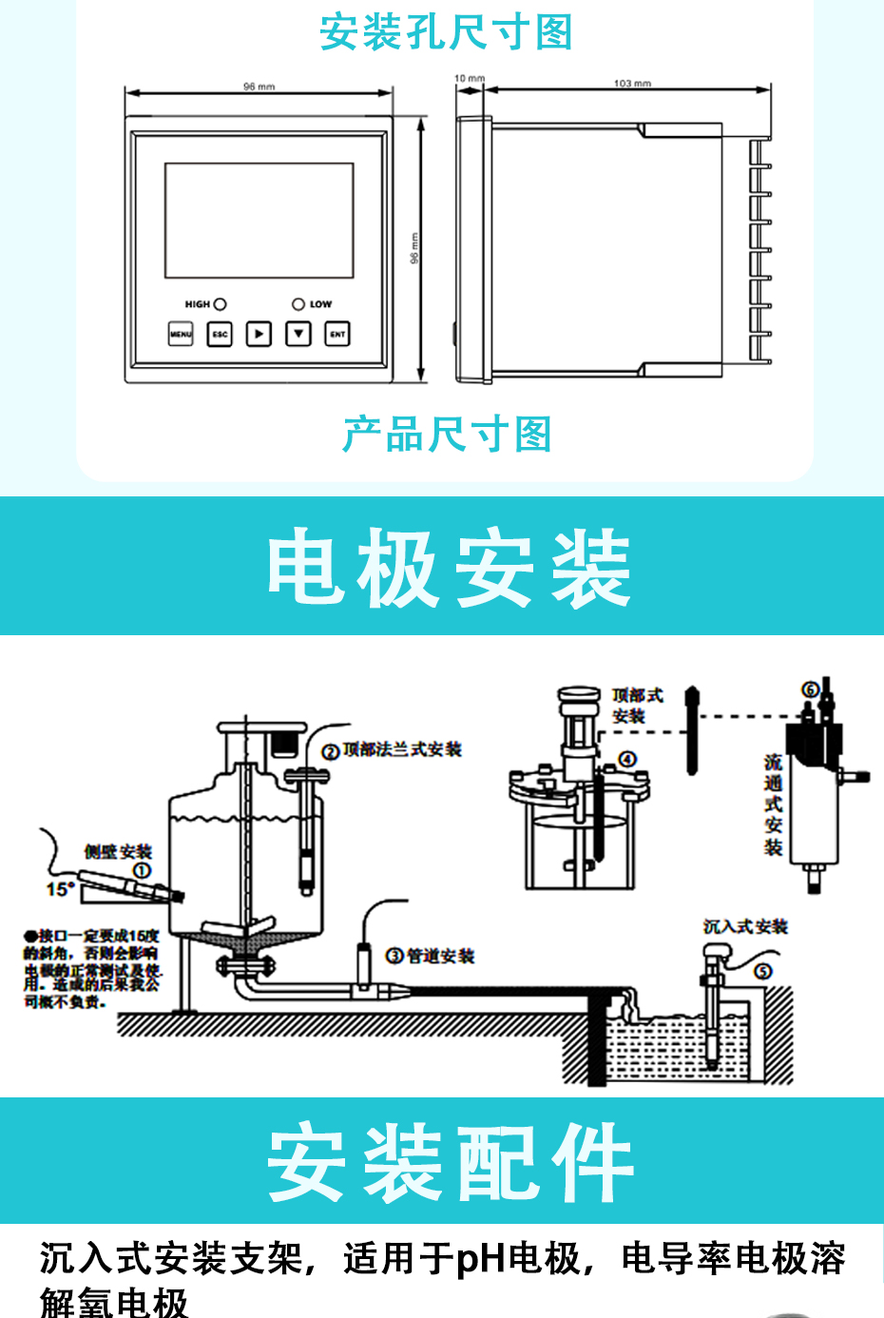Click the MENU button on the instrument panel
pos(181,334)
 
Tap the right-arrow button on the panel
pos(259,334)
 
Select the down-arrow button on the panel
pos(298,334)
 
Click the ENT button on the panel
pos(337,334)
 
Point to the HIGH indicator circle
pos(221,304)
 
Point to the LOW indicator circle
pos(298,304)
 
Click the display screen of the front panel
pos(259,221)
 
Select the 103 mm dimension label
pos(632,84)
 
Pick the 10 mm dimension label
pos(469,79)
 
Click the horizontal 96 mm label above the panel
pos(259,87)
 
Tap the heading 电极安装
pos(449,569)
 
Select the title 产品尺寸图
pos(447,435)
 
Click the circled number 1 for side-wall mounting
pos(142,870)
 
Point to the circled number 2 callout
pos(331,752)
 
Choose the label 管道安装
pos(440,956)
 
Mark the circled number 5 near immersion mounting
pos(763,971)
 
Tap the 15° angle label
pos(61,889)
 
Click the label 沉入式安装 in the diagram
pos(745,926)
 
